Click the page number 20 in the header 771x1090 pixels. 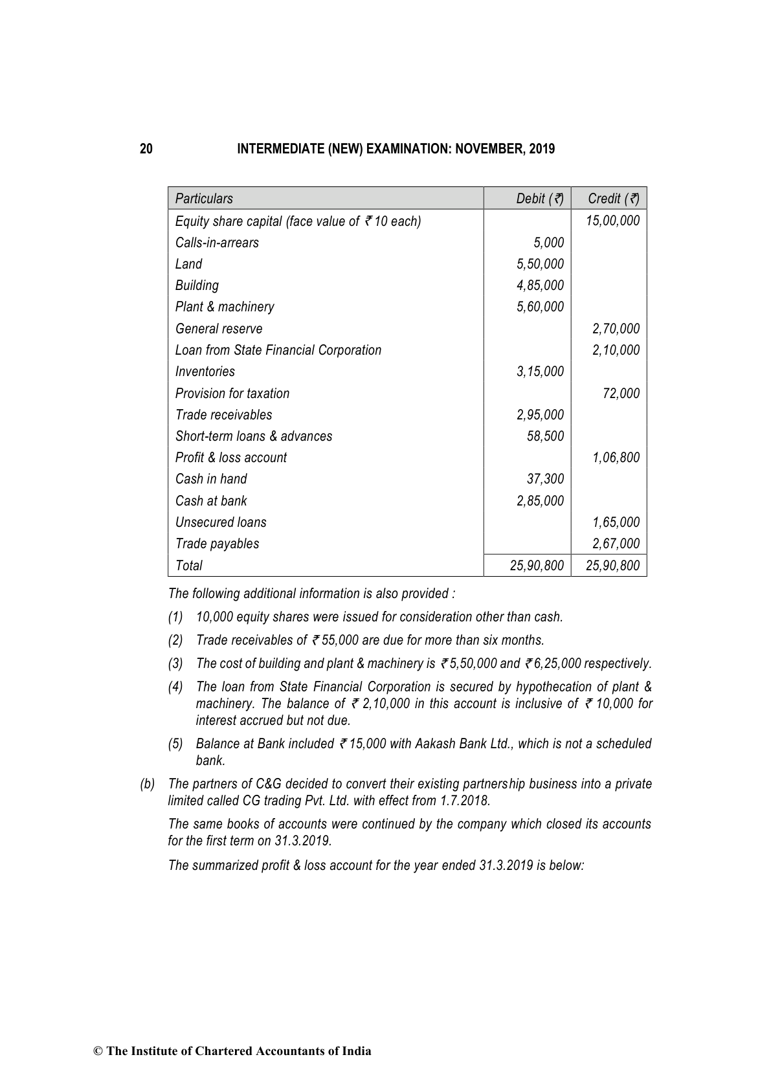click(146, 149)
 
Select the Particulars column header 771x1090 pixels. click(204, 199)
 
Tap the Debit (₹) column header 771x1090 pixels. click(539, 199)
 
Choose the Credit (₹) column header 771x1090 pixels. click(613, 199)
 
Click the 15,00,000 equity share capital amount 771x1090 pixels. click(612, 221)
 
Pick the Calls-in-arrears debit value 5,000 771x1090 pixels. click(548, 243)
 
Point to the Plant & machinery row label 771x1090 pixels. click(225, 307)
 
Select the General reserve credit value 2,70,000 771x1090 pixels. click(616, 329)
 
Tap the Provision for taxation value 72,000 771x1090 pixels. click(621, 394)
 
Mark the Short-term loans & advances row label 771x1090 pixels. click(254, 436)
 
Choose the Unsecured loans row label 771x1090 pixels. click(221, 522)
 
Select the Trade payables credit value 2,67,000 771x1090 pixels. click(616, 544)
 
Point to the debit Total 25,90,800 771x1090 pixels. click(537, 566)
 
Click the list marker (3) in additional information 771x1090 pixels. click(175, 663)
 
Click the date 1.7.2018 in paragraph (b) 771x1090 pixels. click(464, 801)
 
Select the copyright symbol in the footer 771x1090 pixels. click(98, 1052)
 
